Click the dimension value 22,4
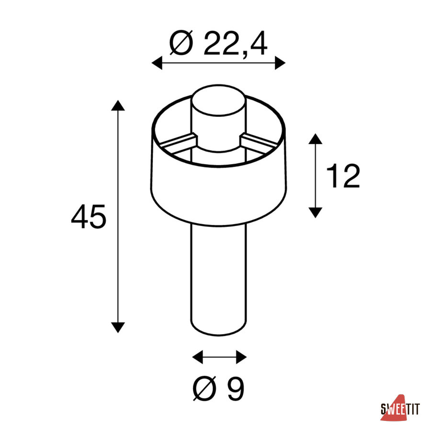235,44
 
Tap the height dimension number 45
89,216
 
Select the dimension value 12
343,176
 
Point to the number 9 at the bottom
236,388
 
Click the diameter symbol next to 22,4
181,43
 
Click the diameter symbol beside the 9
204,388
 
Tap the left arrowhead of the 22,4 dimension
157,63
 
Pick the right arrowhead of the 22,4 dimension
280,63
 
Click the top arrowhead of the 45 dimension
118,105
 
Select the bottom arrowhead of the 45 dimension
118,328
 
